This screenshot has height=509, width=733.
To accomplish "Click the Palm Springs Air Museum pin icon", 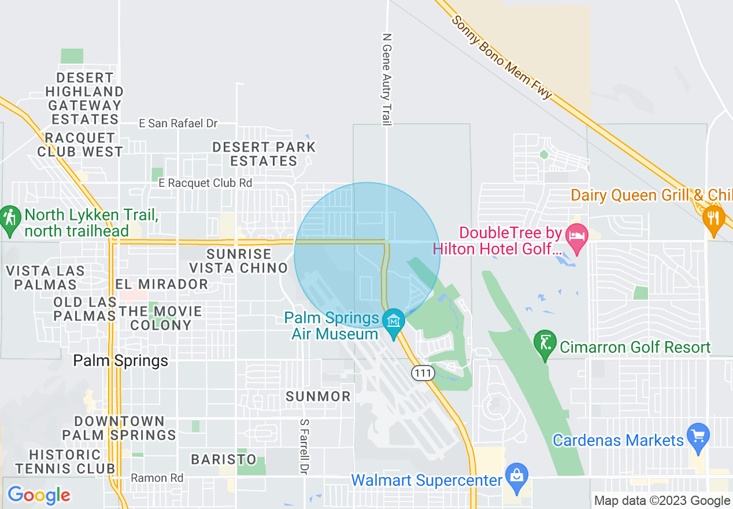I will tap(395, 319).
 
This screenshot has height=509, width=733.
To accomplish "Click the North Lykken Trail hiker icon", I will tap(9, 218).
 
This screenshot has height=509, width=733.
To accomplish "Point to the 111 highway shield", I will tap(423, 373).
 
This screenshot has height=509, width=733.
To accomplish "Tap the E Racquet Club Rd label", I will tap(206, 183).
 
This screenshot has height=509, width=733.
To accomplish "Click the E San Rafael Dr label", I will tap(178, 123).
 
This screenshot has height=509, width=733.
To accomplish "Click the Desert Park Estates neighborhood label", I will tap(264, 154).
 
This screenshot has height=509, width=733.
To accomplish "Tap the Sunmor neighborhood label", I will tap(319, 396).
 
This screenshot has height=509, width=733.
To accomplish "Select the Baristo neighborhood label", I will tap(224, 459).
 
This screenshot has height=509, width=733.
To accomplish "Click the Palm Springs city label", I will tap(121, 361).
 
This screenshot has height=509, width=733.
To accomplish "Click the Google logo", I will tap(39, 495).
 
